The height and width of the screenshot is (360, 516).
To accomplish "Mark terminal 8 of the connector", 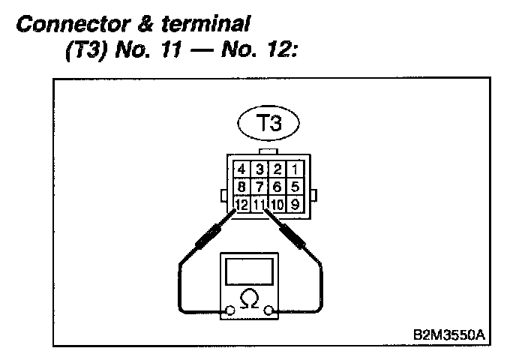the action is (x=241, y=185).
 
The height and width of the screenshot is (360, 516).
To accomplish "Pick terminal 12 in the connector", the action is (x=241, y=203).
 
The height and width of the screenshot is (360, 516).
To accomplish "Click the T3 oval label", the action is (x=267, y=124).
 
